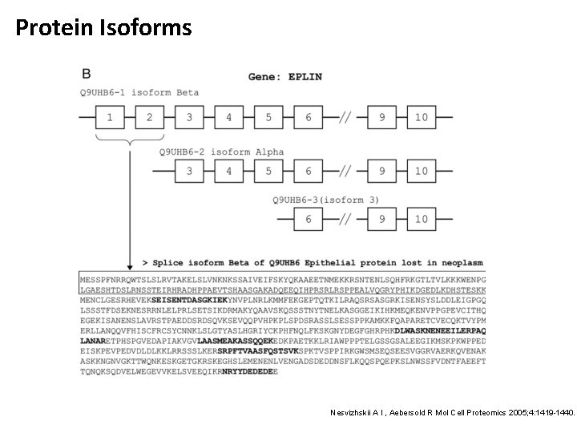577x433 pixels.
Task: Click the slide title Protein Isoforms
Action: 104,29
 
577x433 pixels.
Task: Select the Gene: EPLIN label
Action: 285,76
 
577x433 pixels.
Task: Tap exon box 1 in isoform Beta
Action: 110,117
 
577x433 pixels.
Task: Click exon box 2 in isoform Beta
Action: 149,117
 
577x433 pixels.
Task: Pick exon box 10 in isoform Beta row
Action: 422,117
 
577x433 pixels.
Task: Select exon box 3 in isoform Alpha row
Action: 189,171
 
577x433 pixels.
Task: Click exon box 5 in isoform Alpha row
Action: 268,171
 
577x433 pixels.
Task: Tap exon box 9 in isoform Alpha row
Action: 382,171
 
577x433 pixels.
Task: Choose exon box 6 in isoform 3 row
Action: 309,219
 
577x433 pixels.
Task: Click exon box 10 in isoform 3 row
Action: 422,219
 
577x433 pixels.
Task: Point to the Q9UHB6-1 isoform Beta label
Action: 139,93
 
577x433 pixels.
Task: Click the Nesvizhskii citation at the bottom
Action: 454,413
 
